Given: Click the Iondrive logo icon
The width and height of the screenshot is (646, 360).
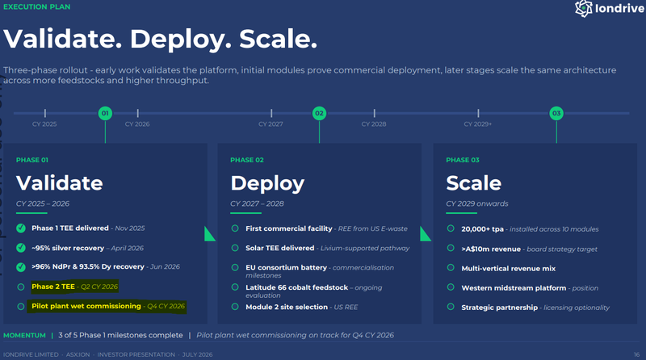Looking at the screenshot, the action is coord(583,8).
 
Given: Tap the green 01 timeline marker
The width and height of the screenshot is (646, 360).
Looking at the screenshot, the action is coord(105,113).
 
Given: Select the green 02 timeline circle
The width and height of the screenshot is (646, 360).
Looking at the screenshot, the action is coord(319,113).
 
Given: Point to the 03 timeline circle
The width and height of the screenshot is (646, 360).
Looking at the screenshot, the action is coord(556,113).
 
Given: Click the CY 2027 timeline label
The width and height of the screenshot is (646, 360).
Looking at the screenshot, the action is coord(271,124).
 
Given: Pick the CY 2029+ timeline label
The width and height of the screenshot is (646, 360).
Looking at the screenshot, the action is coord(478,124).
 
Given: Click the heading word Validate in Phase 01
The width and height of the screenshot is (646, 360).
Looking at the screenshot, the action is coord(59,183).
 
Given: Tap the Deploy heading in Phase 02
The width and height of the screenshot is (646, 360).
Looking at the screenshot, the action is coord(267,184).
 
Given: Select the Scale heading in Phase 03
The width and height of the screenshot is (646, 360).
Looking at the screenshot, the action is coord(474,183).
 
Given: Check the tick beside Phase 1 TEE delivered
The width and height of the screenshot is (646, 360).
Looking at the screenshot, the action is coord(21,228).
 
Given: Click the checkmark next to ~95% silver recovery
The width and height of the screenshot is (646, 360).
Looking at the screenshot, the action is coord(21,248).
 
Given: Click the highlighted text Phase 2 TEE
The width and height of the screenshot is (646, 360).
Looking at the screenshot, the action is coord(53,287).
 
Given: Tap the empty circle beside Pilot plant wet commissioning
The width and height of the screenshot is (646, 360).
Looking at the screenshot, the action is coord(21,307).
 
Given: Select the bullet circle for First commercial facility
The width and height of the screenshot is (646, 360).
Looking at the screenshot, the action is coord(235,228).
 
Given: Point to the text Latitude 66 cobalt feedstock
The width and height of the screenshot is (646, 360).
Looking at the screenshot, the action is coord(296,287).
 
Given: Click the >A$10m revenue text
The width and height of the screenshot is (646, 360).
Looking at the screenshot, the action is coord(491,249).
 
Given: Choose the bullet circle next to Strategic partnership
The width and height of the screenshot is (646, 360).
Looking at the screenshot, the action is coord(451,307).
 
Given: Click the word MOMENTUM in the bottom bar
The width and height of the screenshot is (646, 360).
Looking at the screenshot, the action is coord(24,335).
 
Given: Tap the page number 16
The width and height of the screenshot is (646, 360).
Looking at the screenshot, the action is coord(636,354).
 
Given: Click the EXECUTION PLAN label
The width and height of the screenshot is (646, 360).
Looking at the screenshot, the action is coord(36,7).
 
